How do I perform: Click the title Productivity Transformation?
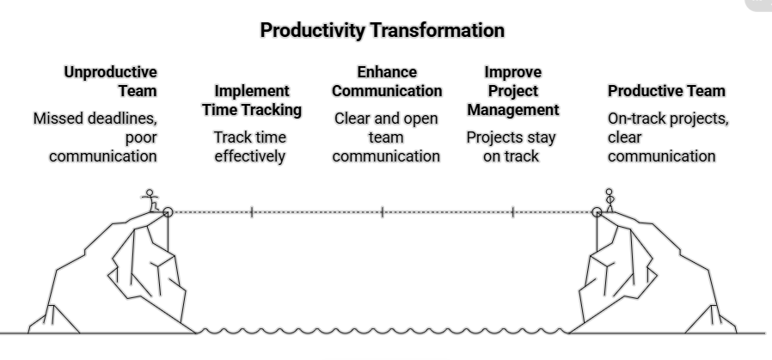[382, 31]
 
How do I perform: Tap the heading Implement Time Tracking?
[252, 100]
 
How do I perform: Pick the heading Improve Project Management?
[513, 90]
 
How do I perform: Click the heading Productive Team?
[666, 90]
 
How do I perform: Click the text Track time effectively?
[250, 146]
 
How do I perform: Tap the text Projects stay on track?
[511, 146]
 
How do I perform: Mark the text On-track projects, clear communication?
[667, 137]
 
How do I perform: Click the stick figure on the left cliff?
[152, 200]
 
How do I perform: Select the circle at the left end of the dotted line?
[168, 211]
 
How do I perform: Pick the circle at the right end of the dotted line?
[597, 211]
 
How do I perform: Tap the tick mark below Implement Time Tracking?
[252, 211]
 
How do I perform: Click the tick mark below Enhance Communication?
[383, 211]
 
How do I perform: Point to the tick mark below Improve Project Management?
[513, 211]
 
